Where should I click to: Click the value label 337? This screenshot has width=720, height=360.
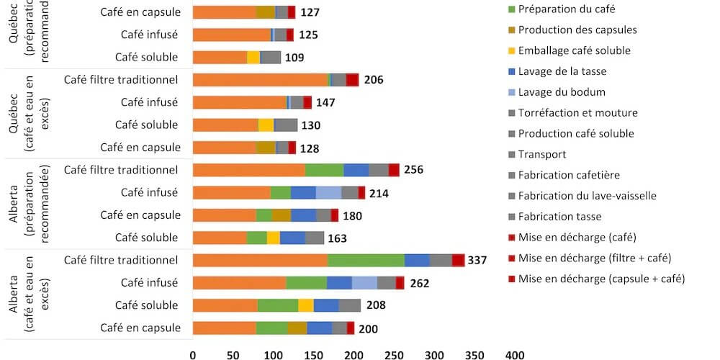point(478,260)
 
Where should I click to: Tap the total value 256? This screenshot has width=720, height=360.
point(414,170)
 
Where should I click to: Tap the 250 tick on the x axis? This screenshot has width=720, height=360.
point(393,355)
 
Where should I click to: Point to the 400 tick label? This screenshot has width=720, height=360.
point(514,355)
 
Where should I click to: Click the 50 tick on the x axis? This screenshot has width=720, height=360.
point(233,355)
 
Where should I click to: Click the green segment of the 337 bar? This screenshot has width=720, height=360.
point(366,260)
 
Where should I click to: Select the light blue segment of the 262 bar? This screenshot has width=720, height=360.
point(364,283)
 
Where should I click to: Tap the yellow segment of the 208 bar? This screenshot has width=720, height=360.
point(306,305)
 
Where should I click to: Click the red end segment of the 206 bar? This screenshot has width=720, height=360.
point(352,80)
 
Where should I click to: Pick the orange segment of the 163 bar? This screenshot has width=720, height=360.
point(220,238)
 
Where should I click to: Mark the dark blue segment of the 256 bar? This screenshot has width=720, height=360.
point(356,170)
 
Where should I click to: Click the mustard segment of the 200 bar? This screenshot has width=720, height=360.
point(297,328)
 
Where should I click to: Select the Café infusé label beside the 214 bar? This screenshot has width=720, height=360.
point(149,192)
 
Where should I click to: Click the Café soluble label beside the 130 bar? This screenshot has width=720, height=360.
point(146,125)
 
